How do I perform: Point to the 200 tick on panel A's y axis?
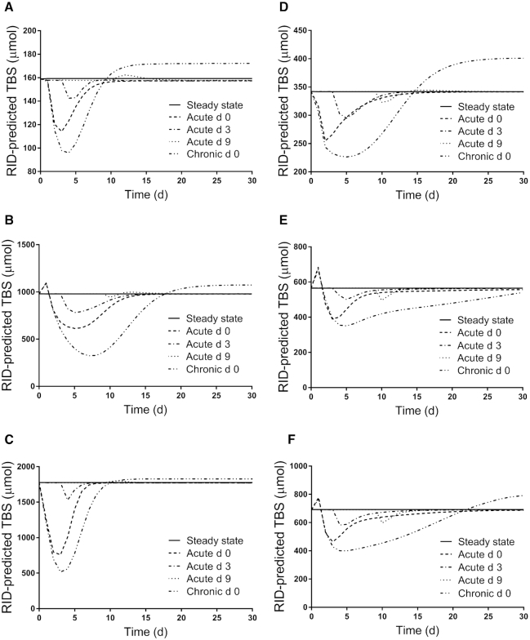tap(29, 31)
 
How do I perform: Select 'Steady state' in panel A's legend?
tap(215, 106)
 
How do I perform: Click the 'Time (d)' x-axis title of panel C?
tap(145, 633)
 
